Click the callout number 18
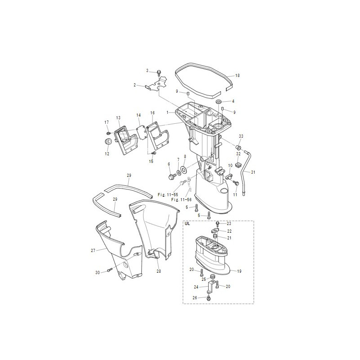(238, 75)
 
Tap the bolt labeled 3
(158, 72)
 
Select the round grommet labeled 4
(218, 102)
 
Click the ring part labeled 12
(108, 141)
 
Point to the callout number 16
(153, 113)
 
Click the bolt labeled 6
(171, 176)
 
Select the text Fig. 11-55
(168, 195)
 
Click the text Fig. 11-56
(181, 200)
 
